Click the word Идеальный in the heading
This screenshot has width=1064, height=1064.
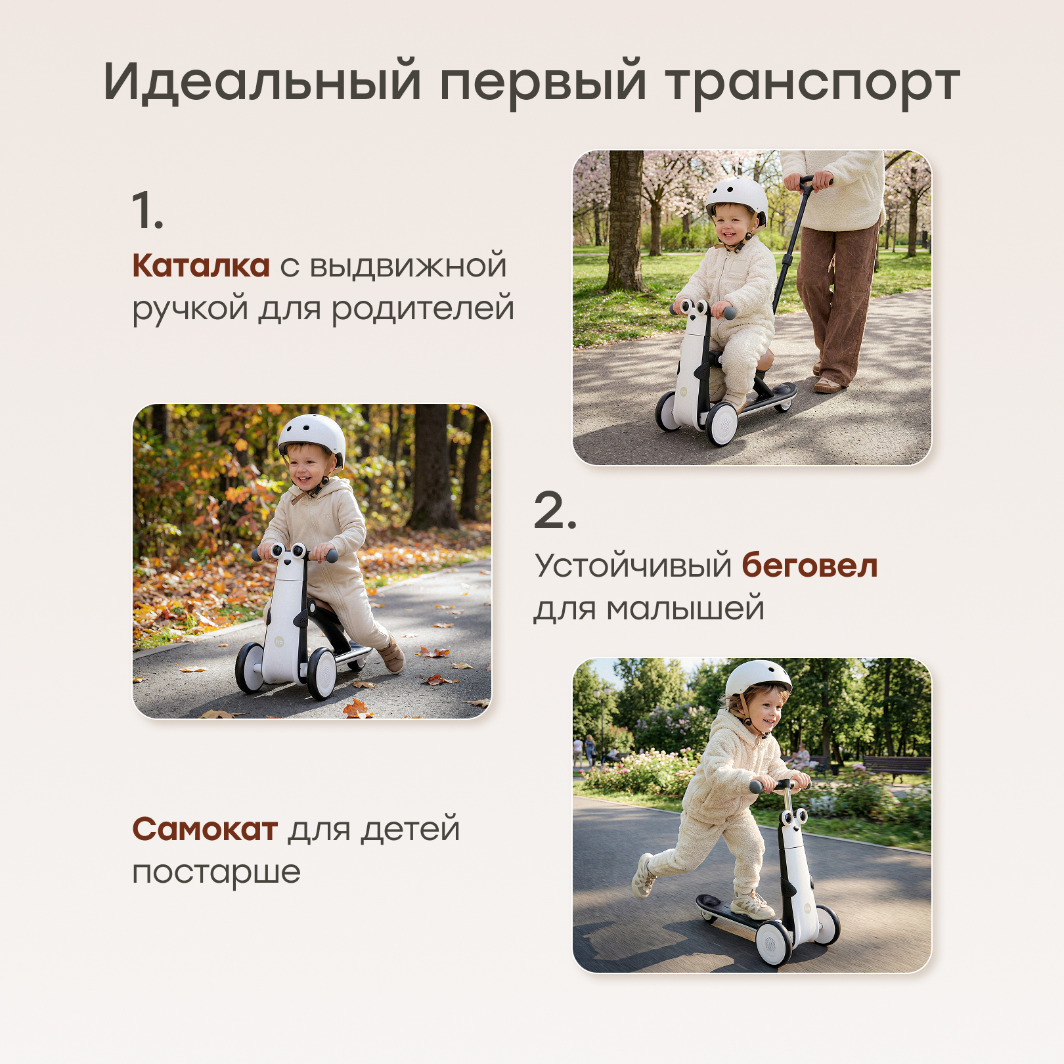(261, 81)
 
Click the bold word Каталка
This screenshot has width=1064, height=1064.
(201, 266)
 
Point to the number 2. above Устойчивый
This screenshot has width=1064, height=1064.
(555, 511)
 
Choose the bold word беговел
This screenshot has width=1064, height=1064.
(809, 565)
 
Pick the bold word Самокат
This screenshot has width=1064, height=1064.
(205, 829)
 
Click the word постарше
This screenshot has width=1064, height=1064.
(216, 872)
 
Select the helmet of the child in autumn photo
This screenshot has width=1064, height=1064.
(313, 434)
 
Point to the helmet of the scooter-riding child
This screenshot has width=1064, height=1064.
(759, 679)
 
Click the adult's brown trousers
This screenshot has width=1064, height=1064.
(837, 296)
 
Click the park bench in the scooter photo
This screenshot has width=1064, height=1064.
(897, 766)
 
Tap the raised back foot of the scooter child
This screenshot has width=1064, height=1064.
(644, 875)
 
